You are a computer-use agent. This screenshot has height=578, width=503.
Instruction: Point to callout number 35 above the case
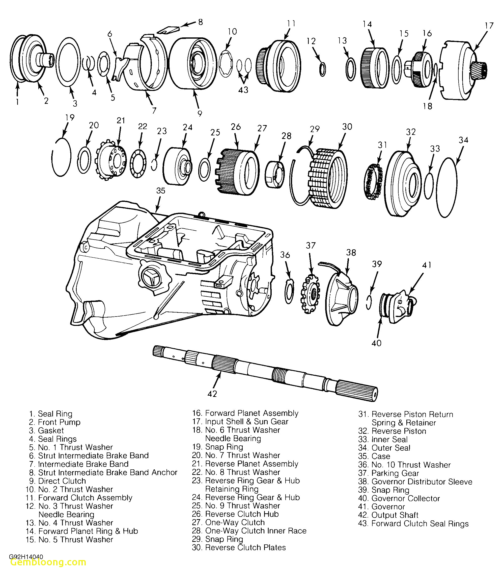pos(160,191)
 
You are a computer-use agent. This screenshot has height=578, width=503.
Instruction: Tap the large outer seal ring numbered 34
pos(446,187)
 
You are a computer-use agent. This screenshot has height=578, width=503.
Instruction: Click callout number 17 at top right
pos(489,26)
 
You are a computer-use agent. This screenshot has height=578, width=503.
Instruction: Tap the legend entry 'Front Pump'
pos(59,422)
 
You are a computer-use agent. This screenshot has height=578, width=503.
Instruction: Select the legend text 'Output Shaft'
pos(395,515)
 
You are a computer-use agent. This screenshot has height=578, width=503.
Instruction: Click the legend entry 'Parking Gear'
pos(395,473)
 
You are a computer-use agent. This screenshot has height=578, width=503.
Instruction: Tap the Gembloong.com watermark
pos(48,562)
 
